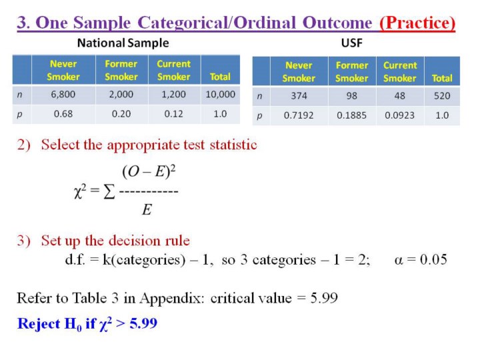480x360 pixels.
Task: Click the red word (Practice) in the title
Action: pyautogui.click(x=417, y=23)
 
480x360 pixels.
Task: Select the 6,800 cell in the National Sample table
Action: pyautogui.click(x=63, y=94)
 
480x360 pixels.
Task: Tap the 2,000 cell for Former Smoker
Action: pyautogui.click(x=121, y=94)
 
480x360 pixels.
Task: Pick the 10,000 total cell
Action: pyautogui.click(x=221, y=94)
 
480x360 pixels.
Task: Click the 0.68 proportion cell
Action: pyautogui.click(x=63, y=114)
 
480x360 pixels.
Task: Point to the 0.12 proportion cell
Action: pyautogui.click(x=173, y=114)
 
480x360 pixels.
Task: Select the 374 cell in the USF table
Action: pyautogui.click(x=299, y=96)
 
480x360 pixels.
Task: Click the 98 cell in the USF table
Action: pyautogui.click(x=352, y=96)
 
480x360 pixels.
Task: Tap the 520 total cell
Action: pyautogui.click(x=442, y=96)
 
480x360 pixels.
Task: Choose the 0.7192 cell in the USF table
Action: pyautogui.click(x=299, y=115)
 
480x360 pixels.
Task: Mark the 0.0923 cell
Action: pyautogui.click(x=400, y=115)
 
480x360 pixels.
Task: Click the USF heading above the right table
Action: pyautogui.click(x=352, y=43)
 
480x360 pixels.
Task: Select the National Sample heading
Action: pyautogui.click(x=123, y=43)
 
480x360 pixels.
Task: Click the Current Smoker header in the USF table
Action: pyautogui.click(x=400, y=71)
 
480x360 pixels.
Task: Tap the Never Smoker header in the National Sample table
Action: pyautogui.click(x=63, y=70)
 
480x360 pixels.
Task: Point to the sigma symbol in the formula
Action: pyautogui.click(x=109, y=192)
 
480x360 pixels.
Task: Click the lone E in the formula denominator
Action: pyautogui.click(x=147, y=210)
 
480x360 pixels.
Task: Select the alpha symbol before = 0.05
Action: pyautogui.click(x=399, y=260)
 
